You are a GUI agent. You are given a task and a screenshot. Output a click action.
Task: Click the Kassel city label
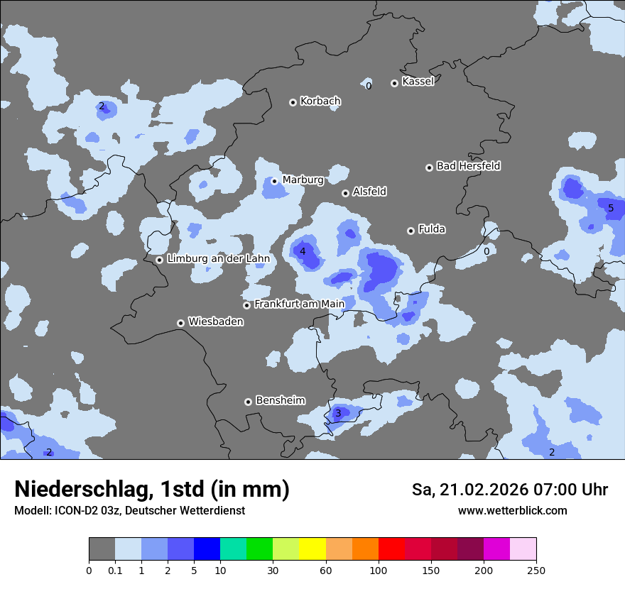418,82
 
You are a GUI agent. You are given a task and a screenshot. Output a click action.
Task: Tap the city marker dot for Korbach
293,102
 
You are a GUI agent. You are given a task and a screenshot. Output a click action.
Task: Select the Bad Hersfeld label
468,166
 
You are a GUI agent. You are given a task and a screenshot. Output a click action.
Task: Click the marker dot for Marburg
274,181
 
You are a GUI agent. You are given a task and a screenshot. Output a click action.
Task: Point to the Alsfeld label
369,192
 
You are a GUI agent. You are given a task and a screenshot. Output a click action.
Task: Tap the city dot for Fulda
411,231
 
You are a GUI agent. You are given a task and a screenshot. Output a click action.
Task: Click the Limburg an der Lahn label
218,259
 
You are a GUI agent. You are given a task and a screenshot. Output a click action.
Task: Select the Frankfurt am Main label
299,304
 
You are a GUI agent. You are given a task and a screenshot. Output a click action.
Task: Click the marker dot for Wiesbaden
180,323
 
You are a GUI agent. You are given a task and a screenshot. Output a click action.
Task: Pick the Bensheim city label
280,400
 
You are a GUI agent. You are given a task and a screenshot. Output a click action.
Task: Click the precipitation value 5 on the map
611,209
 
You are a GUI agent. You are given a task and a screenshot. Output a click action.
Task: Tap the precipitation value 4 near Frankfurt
303,251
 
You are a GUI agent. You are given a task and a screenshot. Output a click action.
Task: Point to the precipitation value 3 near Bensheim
338,413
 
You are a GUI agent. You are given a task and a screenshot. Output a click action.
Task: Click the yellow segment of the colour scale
312,549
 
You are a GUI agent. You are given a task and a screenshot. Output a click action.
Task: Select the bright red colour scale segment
391,549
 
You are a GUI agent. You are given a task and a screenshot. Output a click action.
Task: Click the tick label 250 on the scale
536,571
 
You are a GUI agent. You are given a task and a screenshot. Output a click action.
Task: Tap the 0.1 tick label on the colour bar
115,571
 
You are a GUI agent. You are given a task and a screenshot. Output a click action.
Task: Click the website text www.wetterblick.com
512,510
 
